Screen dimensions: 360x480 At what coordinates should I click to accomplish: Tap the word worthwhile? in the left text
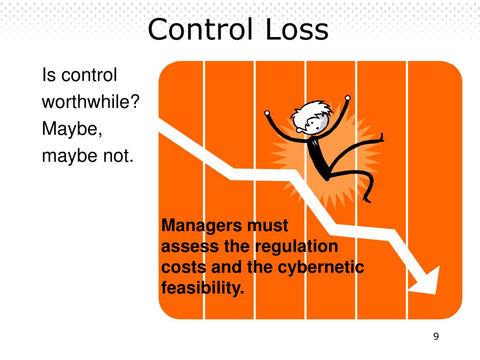pos(91,102)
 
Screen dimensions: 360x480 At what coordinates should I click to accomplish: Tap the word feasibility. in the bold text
pos(202,288)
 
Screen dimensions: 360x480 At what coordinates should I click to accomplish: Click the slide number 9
pos(436,337)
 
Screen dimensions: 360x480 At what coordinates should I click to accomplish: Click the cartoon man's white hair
pos(311,111)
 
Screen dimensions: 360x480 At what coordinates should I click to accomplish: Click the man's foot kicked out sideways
pos(381,138)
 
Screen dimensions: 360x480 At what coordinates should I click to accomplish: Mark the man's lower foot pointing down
pos(367,199)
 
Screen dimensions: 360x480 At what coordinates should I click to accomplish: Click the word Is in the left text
pos(48,75)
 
